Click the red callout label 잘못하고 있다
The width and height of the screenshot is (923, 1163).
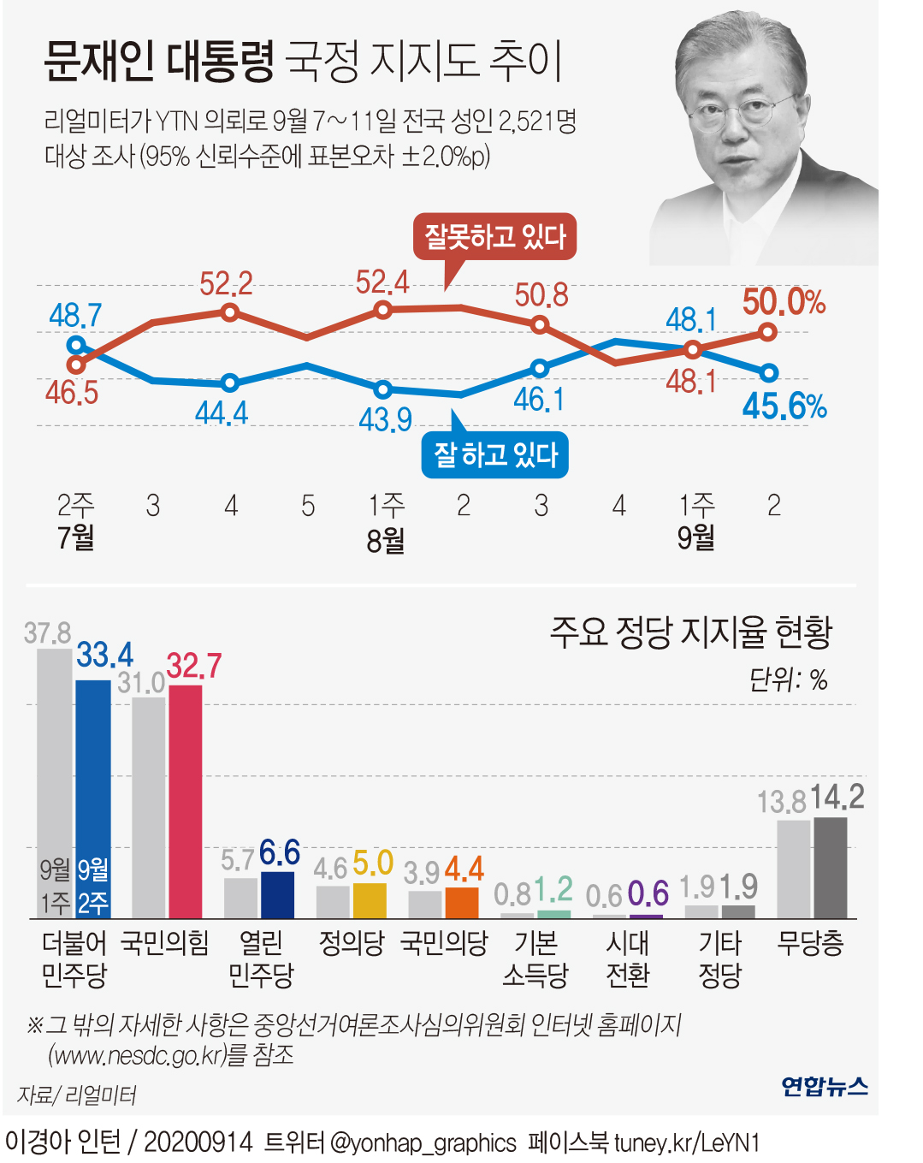(x=494, y=237)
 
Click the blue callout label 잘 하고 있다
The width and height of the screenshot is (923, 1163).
(x=494, y=455)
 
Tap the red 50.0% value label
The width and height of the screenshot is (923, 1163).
(x=783, y=302)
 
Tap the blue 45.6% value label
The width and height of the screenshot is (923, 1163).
(x=784, y=406)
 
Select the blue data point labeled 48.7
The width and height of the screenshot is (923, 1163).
(x=76, y=346)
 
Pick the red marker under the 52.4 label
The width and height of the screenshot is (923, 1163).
(x=383, y=310)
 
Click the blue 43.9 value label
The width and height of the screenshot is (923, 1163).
(x=385, y=419)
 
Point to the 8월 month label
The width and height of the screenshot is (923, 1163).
(x=386, y=541)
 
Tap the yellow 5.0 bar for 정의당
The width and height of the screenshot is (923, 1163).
(x=370, y=900)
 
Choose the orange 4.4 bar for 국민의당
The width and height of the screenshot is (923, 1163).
(x=462, y=903)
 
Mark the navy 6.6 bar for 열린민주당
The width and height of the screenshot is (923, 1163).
(x=277, y=894)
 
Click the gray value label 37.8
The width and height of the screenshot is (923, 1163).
(x=47, y=633)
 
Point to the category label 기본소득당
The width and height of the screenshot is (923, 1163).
(x=535, y=958)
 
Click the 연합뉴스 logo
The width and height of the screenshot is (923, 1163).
(x=824, y=1086)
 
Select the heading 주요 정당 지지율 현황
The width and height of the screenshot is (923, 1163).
(x=690, y=632)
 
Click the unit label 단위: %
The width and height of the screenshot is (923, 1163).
(x=788, y=680)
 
